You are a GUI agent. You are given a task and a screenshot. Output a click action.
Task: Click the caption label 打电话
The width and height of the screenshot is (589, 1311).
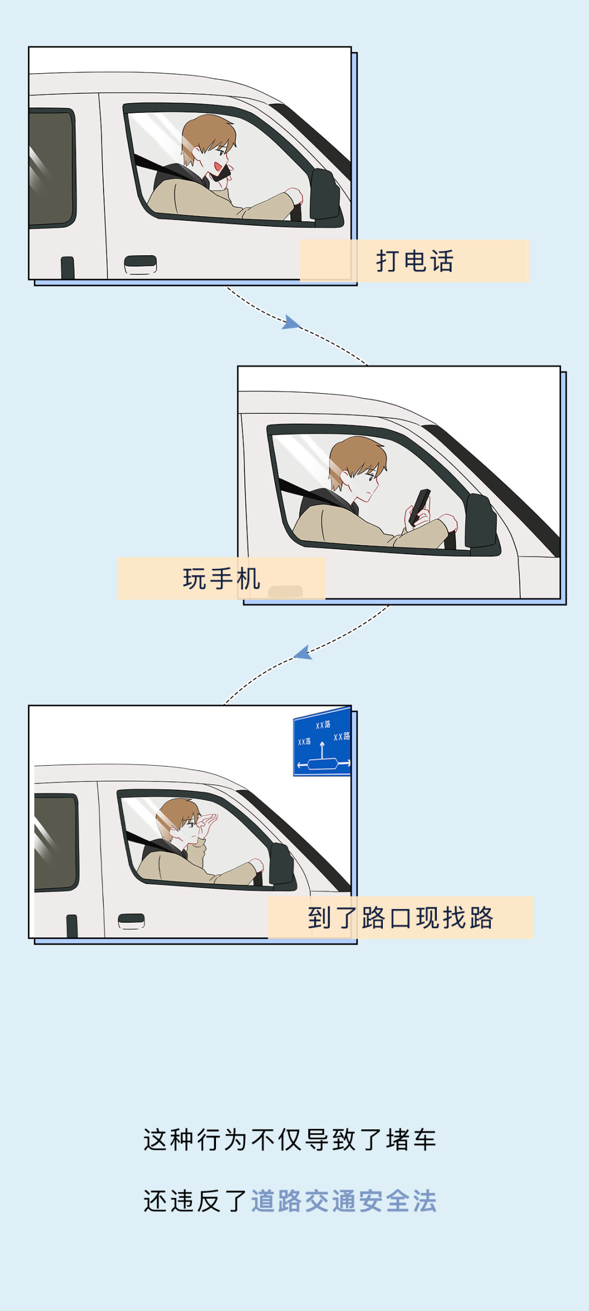[x=414, y=261]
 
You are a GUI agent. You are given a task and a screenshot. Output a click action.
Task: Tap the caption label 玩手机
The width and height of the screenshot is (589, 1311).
[x=221, y=579]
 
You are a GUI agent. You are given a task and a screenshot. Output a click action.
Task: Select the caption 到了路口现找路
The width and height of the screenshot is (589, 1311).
[x=400, y=917]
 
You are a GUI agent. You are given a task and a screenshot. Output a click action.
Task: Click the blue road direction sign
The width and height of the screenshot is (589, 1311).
[x=322, y=742]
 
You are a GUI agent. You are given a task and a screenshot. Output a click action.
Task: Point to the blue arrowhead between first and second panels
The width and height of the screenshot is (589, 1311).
[x=291, y=322]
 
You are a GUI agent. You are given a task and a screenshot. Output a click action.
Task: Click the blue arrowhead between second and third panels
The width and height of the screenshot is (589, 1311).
[x=303, y=652]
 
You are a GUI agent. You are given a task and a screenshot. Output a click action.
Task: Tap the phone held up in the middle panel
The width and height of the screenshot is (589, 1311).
[x=420, y=507]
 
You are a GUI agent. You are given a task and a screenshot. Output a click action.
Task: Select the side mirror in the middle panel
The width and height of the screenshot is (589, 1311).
[x=482, y=522]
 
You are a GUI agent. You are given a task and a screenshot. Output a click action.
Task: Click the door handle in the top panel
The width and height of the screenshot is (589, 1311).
[x=140, y=264]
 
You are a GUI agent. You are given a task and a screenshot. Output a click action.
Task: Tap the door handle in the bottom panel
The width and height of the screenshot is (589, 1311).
[x=131, y=921]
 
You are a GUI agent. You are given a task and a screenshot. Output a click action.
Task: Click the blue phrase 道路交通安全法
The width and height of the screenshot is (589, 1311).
[x=344, y=1201]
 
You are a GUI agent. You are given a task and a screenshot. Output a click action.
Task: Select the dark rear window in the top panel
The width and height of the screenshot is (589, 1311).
[x=51, y=168]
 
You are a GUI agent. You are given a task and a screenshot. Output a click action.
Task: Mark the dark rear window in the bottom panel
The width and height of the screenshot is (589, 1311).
[x=56, y=843]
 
